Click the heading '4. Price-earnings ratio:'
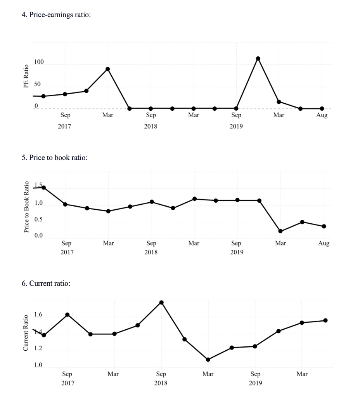click(56, 15)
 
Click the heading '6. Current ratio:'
click(46, 284)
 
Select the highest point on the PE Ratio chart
click(258, 59)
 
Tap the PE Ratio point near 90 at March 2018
click(107, 69)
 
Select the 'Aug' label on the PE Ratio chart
click(322, 115)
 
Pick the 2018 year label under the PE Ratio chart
click(151, 126)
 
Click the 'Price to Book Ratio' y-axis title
click(26, 207)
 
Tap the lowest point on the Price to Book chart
click(280, 231)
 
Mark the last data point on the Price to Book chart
click(324, 226)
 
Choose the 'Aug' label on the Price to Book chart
click(324, 243)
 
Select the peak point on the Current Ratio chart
click(161, 303)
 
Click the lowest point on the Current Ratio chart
click(208, 360)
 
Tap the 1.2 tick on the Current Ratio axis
click(38, 348)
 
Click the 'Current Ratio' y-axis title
click(26, 333)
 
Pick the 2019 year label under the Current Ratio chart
click(255, 383)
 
